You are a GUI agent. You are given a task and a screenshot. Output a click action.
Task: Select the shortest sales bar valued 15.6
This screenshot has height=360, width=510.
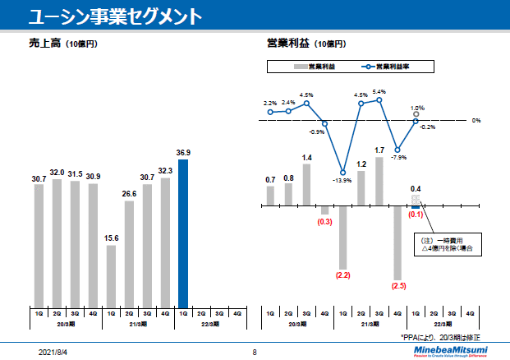pos(112,275)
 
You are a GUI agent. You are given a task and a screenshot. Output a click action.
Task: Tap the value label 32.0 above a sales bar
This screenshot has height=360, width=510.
pos(57,173)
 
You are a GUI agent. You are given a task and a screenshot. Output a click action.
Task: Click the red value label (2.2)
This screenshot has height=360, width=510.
pos(343,275)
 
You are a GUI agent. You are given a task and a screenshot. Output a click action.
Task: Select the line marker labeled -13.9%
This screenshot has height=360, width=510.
pos(343,171)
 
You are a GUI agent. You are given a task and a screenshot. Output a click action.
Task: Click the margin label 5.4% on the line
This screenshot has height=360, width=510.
pos(379,92)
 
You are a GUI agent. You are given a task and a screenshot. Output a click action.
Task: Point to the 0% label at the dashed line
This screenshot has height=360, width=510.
pos(476,121)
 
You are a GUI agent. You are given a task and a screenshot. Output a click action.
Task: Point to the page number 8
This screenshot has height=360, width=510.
pos(255,352)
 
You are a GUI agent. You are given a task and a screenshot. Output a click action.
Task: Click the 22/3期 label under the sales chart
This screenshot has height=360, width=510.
pos(210,324)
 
